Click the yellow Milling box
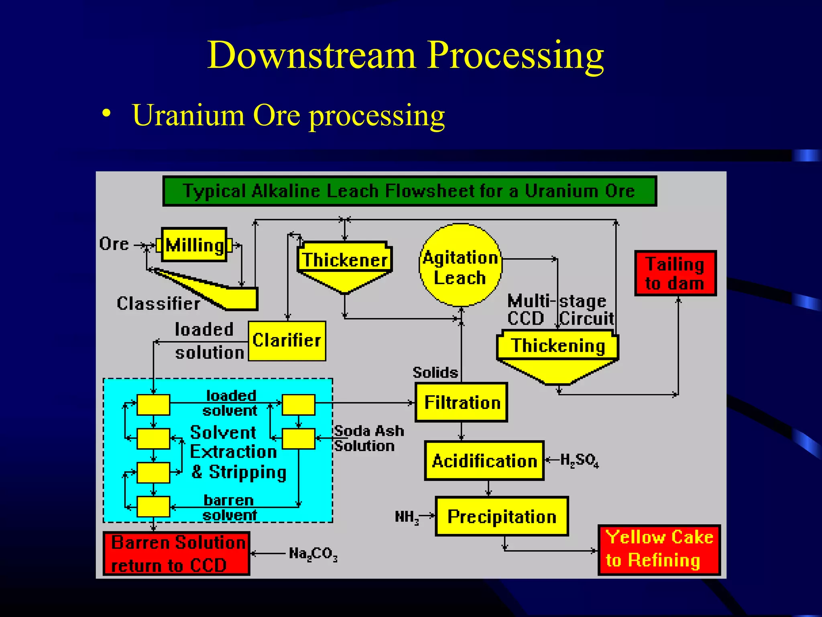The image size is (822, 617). pos(194,245)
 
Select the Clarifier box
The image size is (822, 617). pos(287,341)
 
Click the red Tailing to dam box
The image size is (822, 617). pos(675,273)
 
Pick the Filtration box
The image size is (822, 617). pos(462,402)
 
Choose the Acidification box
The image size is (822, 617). pos(484,460)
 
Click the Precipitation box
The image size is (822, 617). pos(502,517)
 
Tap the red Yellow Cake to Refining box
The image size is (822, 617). pos(659,550)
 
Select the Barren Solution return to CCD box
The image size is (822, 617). pos(177,554)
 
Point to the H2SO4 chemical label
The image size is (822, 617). pos(579,460)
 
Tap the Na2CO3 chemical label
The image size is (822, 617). pos(313,554)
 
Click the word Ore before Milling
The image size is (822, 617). pos(114,244)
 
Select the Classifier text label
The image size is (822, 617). pos(158,303)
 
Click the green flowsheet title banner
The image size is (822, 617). pos(409,191)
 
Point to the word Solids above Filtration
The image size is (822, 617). pos(435,372)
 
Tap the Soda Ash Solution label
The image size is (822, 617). pos(368,438)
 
